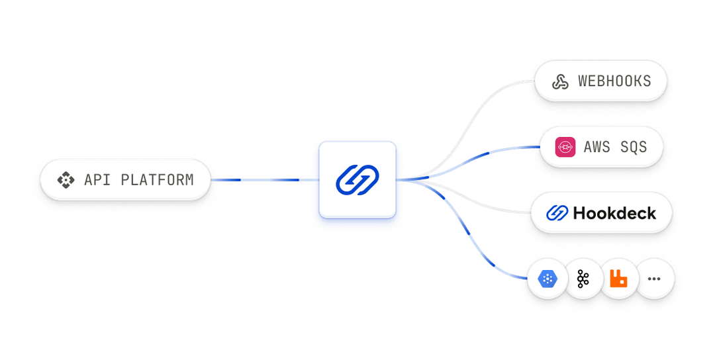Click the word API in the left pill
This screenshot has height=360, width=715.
click(x=97, y=179)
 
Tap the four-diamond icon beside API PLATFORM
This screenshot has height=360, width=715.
click(x=66, y=179)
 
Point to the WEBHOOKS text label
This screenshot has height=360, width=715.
click(x=614, y=81)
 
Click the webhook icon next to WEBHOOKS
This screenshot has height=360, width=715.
click(x=561, y=81)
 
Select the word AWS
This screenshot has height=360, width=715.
click(x=596, y=147)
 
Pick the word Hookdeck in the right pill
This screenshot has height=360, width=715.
click(x=614, y=213)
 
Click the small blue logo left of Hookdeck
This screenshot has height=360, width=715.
click(x=557, y=213)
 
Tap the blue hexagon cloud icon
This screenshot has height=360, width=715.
click(x=548, y=279)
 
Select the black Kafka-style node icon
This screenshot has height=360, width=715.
click(x=583, y=279)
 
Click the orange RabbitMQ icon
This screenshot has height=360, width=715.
click(x=618, y=279)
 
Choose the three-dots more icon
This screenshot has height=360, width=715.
click(x=654, y=279)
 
